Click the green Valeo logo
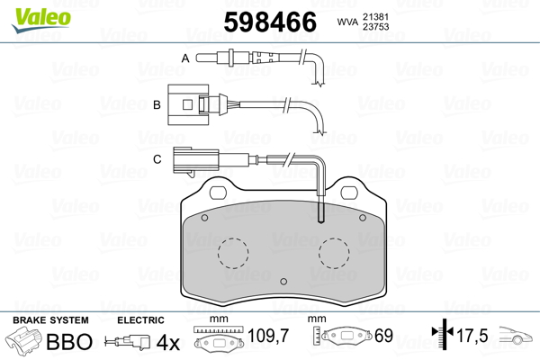41,19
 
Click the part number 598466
270,22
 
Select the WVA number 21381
375,17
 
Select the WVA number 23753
375,26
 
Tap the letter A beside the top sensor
185,58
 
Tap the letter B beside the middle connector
157,104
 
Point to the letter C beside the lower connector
157,159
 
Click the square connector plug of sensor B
188,104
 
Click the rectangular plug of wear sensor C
195,160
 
